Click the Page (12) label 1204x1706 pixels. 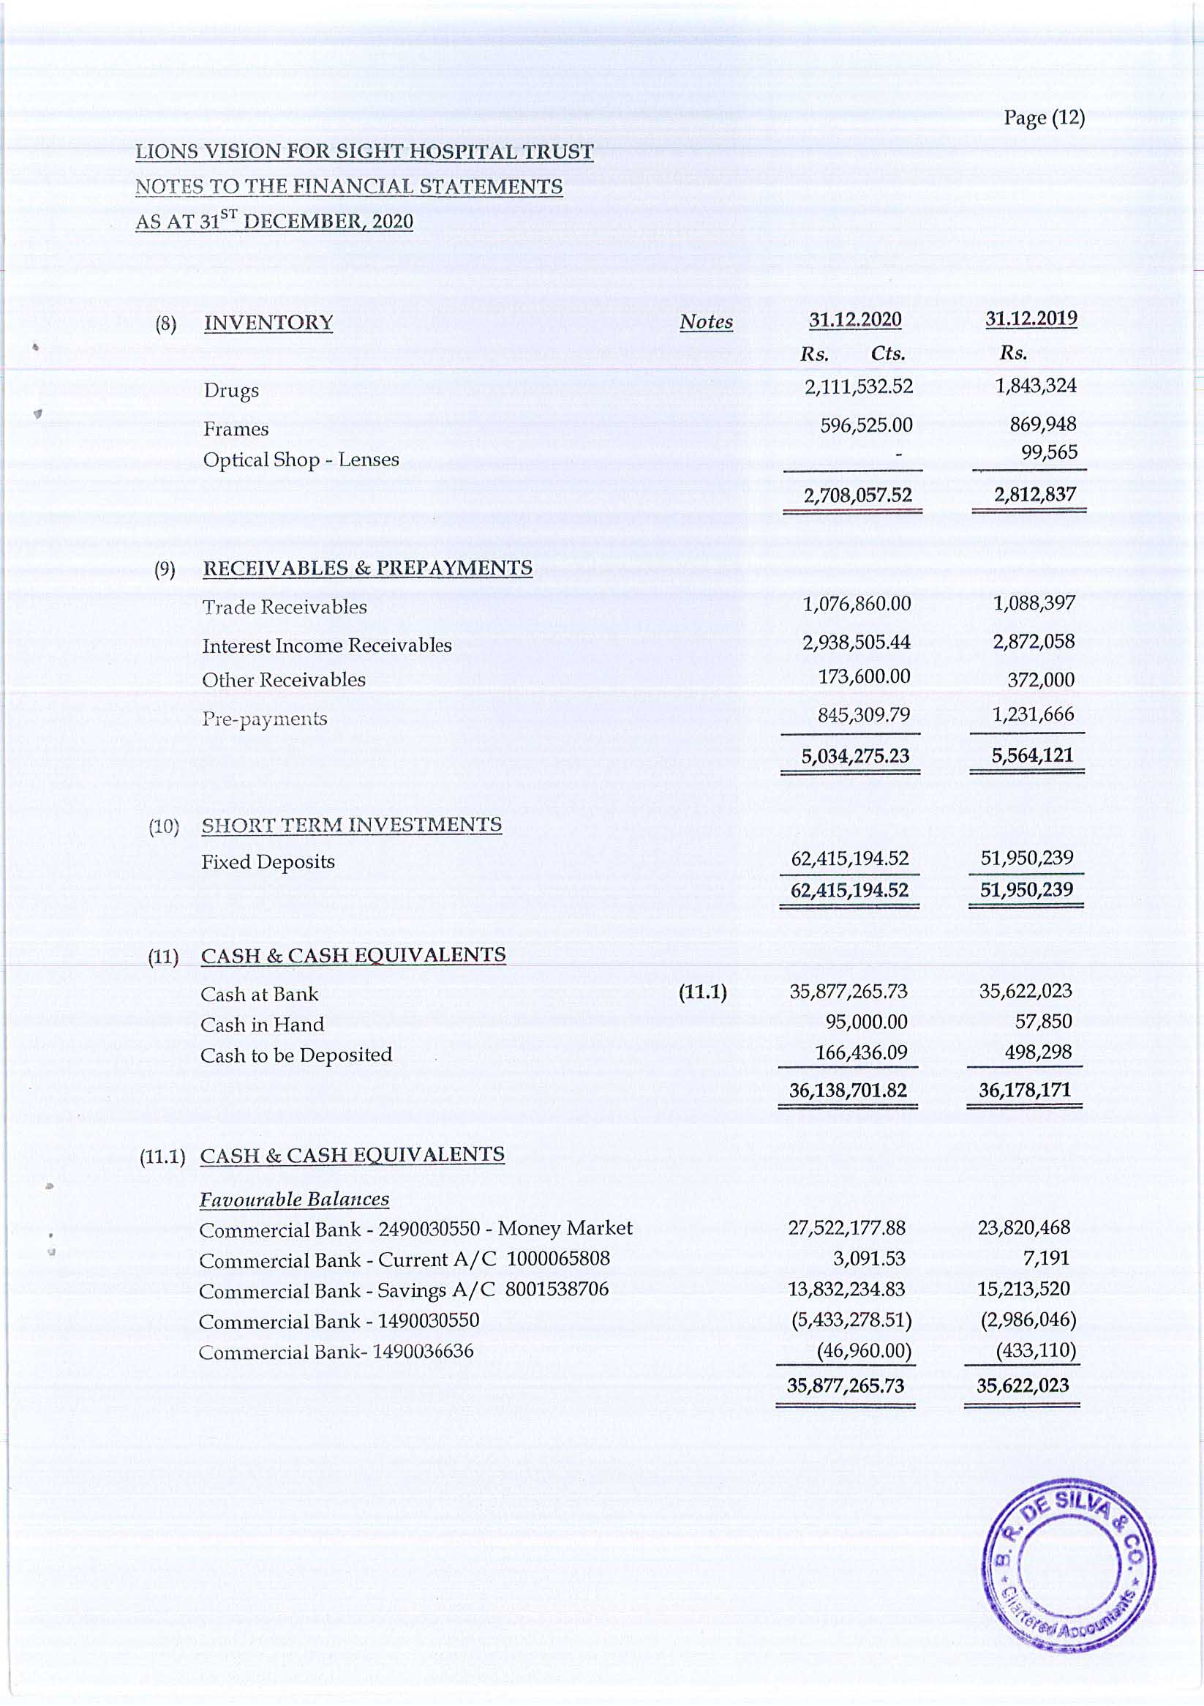click(x=1044, y=118)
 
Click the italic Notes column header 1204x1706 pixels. click(x=706, y=322)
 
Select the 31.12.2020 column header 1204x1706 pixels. click(x=855, y=320)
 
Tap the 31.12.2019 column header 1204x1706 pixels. click(x=1031, y=318)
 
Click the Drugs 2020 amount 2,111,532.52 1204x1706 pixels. click(x=859, y=386)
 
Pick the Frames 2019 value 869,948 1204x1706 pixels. click(x=1042, y=424)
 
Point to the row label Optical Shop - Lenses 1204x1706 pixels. click(x=301, y=460)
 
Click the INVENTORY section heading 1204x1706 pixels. click(x=268, y=323)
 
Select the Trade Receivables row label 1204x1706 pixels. click(x=285, y=607)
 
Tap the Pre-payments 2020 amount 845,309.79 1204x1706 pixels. click(x=863, y=715)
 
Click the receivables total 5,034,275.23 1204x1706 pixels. click(x=855, y=756)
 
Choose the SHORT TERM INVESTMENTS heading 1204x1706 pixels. click(x=351, y=825)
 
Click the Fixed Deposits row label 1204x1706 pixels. click(x=268, y=862)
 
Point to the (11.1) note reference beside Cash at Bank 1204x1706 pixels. click(x=703, y=992)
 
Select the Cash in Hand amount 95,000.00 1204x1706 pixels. click(x=866, y=1022)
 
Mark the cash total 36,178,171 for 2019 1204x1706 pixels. click(x=1024, y=1090)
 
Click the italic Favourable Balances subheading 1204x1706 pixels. click(x=294, y=1200)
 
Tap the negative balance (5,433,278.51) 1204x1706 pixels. click(x=851, y=1320)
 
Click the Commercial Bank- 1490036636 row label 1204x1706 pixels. click(x=336, y=1351)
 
